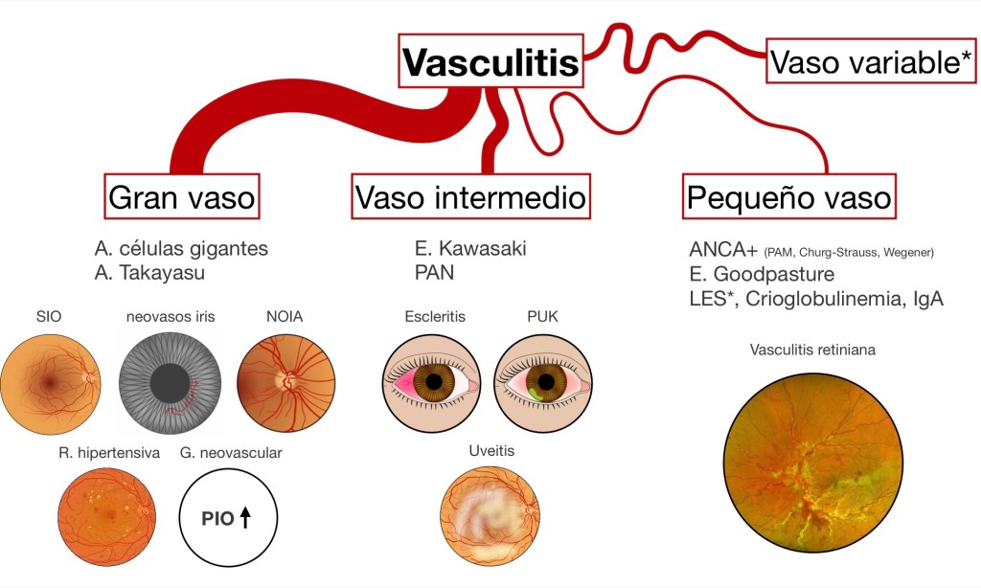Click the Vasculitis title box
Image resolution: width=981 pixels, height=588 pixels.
tap(490, 63)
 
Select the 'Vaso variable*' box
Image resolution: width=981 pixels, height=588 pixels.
tap(871, 63)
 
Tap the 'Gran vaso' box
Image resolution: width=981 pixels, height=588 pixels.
tap(182, 197)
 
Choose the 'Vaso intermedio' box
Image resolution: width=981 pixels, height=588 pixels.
tap(470, 197)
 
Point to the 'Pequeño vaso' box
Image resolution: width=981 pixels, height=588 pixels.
tap(789, 197)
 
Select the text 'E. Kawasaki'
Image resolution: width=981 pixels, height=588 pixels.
tap(470, 249)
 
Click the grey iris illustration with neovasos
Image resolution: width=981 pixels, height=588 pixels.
tap(170, 380)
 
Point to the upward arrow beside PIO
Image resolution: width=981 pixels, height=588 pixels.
tap(244, 518)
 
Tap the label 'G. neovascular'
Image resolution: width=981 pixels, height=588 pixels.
tap(231, 452)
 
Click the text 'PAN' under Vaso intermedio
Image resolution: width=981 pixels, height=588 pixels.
tap(435, 273)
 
